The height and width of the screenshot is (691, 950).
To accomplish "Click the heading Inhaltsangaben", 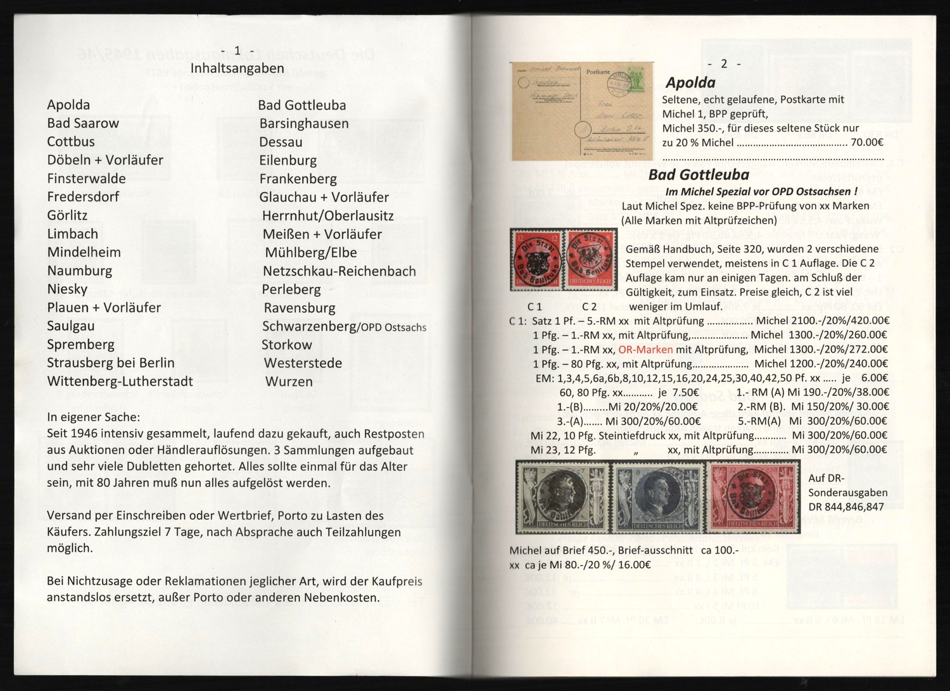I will tap(237, 68).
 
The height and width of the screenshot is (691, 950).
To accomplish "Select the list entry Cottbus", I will tap(71, 142).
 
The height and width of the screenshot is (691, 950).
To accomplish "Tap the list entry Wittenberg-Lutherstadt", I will tap(120, 381).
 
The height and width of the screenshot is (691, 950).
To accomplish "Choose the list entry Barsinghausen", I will tap(304, 124).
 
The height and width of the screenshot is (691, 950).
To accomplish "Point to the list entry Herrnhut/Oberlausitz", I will tap(327, 216).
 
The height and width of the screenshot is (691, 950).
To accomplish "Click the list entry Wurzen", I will tap(289, 382).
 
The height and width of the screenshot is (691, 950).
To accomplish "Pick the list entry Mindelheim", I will tap(84, 252).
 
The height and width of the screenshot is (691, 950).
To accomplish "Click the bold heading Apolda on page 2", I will tap(690, 82).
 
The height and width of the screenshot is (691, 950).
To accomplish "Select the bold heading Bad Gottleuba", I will tap(699, 175).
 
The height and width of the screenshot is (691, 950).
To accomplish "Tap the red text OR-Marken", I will tap(645, 350).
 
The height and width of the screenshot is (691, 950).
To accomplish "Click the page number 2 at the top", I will tap(724, 64).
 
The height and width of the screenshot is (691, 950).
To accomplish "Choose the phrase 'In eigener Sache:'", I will tap(94, 417).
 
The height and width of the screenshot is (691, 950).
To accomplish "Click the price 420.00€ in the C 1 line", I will tap(870, 320).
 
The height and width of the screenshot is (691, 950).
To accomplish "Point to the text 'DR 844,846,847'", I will tap(846, 507).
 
